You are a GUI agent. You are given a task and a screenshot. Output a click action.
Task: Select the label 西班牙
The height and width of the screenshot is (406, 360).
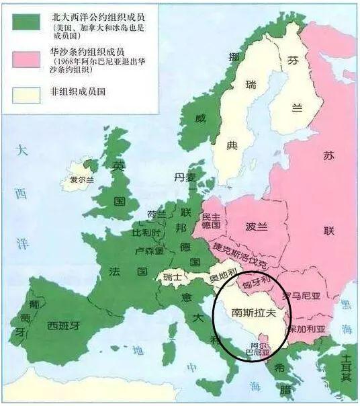tap(64, 326)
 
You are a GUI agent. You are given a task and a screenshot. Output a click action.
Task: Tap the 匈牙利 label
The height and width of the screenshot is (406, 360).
tap(258, 280)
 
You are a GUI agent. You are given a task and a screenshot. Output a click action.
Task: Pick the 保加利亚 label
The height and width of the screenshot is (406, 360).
tap(306, 330)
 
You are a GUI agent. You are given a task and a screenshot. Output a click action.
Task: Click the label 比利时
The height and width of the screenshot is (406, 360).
tap(146, 232)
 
